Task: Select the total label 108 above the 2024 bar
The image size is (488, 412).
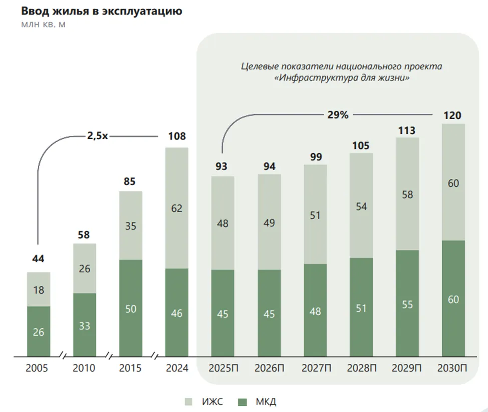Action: pyautogui.click(x=177, y=136)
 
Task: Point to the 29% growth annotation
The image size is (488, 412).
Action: pyautogui.click(x=338, y=115)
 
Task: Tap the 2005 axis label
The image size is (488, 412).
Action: pyautogui.click(x=38, y=369)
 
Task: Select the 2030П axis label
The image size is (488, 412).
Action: pyautogui.click(x=453, y=369)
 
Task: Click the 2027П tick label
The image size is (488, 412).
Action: pyautogui.click(x=316, y=369)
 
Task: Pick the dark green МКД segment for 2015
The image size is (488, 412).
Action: pyautogui.click(x=130, y=308)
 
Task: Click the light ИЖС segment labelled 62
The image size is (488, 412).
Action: pyautogui.click(x=177, y=208)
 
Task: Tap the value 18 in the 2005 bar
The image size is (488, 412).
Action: pyautogui.click(x=38, y=289)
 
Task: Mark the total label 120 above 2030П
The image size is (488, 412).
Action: pyautogui.click(x=453, y=116)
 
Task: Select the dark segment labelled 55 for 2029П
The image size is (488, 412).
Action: pyautogui.click(x=407, y=304)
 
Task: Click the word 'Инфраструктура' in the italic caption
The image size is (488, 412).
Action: pyautogui.click(x=316, y=78)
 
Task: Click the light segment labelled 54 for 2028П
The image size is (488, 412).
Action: pyautogui.click(x=361, y=205)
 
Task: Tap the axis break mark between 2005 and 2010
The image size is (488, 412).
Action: pyautogui.click(x=62, y=357)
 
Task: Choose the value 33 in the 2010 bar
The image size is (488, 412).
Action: pyautogui.click(x=85, y=325)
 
